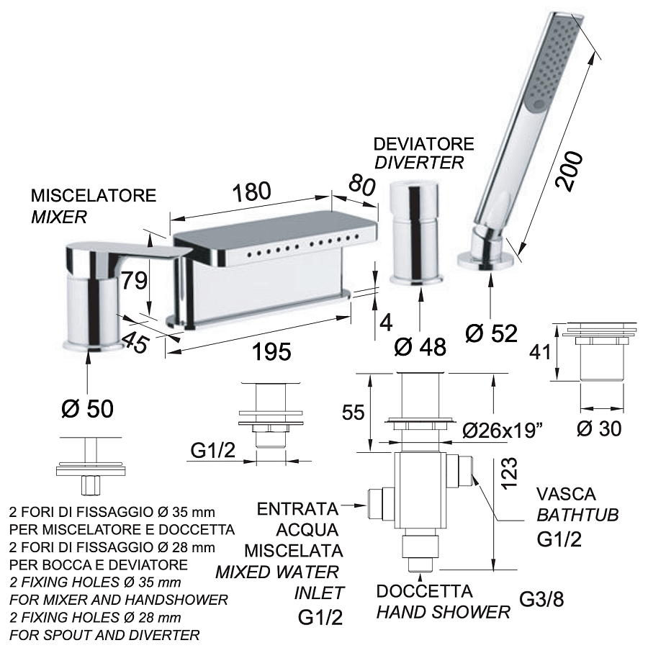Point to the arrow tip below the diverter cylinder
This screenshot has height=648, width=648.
tap(420, 287)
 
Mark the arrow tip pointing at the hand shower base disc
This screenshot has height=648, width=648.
tap(490, 274)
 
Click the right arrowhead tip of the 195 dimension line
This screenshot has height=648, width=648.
tap(351, 317)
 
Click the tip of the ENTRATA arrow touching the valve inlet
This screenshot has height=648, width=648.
tap(367, 505)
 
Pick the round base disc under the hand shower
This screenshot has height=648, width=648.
tap(486, 262)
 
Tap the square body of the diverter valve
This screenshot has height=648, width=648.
tap(420, 490)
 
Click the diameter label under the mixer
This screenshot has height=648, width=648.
tap(88, 408)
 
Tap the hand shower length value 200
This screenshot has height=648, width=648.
tap(570, 171)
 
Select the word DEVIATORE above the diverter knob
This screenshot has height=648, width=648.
tap(423, 144)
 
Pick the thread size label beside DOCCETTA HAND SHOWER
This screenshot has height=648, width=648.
tap(541, 599)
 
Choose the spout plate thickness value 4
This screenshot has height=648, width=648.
tap(386, 323)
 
